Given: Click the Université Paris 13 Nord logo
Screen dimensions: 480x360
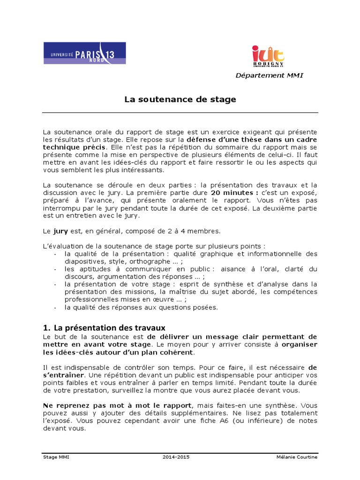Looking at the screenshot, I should click(84, 53).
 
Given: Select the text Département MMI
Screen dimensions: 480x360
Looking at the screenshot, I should click(269, 75).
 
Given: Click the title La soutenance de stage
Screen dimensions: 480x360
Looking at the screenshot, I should click(180, 99).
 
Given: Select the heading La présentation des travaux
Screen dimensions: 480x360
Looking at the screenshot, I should click(110, 328).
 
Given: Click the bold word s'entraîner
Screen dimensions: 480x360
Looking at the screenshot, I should click(64, 375).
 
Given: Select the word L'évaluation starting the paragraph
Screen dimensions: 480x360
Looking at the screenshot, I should click(60, 246).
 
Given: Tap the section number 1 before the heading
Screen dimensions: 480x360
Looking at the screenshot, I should click(45, 328).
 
